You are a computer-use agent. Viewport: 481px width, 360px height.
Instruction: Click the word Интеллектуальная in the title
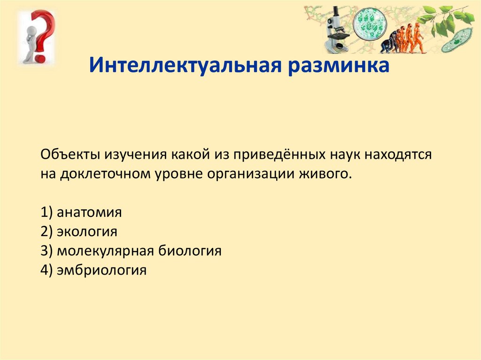[x=185, y=65]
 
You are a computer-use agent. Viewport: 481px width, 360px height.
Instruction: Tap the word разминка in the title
[x=339, y=66]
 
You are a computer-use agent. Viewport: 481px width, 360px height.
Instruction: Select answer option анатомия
[x=89, y=212]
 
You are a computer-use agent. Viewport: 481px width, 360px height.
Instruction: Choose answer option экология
[x=87, y=231]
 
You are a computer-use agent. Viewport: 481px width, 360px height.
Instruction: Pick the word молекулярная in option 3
[x=105, y=251]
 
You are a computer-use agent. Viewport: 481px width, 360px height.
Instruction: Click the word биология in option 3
[x=190, y=251]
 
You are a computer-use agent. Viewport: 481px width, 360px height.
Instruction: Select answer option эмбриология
[x=101, y=270]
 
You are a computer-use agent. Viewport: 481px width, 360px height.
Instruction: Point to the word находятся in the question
[x=398, y=155]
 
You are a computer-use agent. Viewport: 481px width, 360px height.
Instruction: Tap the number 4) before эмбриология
[x=47, y=270]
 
